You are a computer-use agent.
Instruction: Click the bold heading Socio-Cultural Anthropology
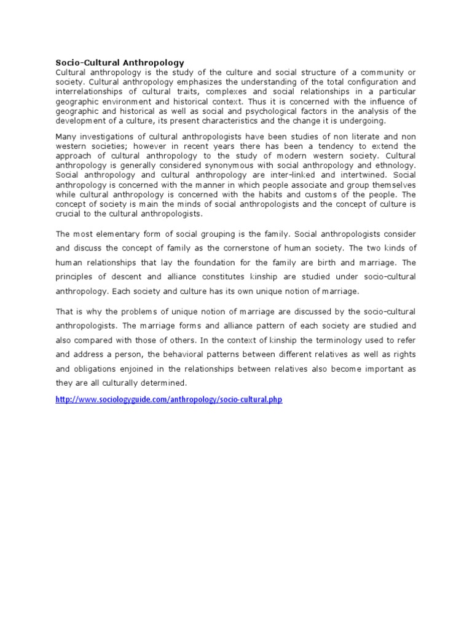[x=120, y=62]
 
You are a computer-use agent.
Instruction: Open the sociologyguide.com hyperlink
[x=168, y=399]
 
